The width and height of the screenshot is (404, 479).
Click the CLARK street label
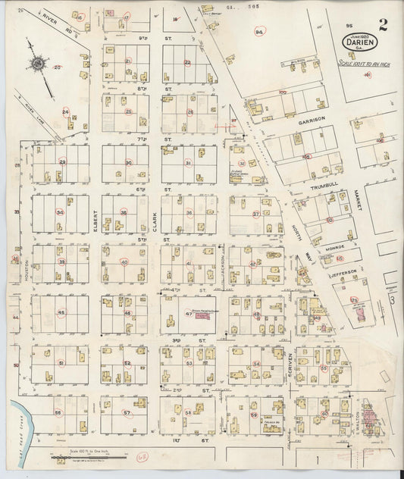[x=154, y=224]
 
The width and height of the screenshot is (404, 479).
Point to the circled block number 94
[x=259, y=32]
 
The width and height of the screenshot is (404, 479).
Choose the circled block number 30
[x=128, y=162]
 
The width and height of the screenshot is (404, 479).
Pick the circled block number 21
[x=128, y=61]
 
